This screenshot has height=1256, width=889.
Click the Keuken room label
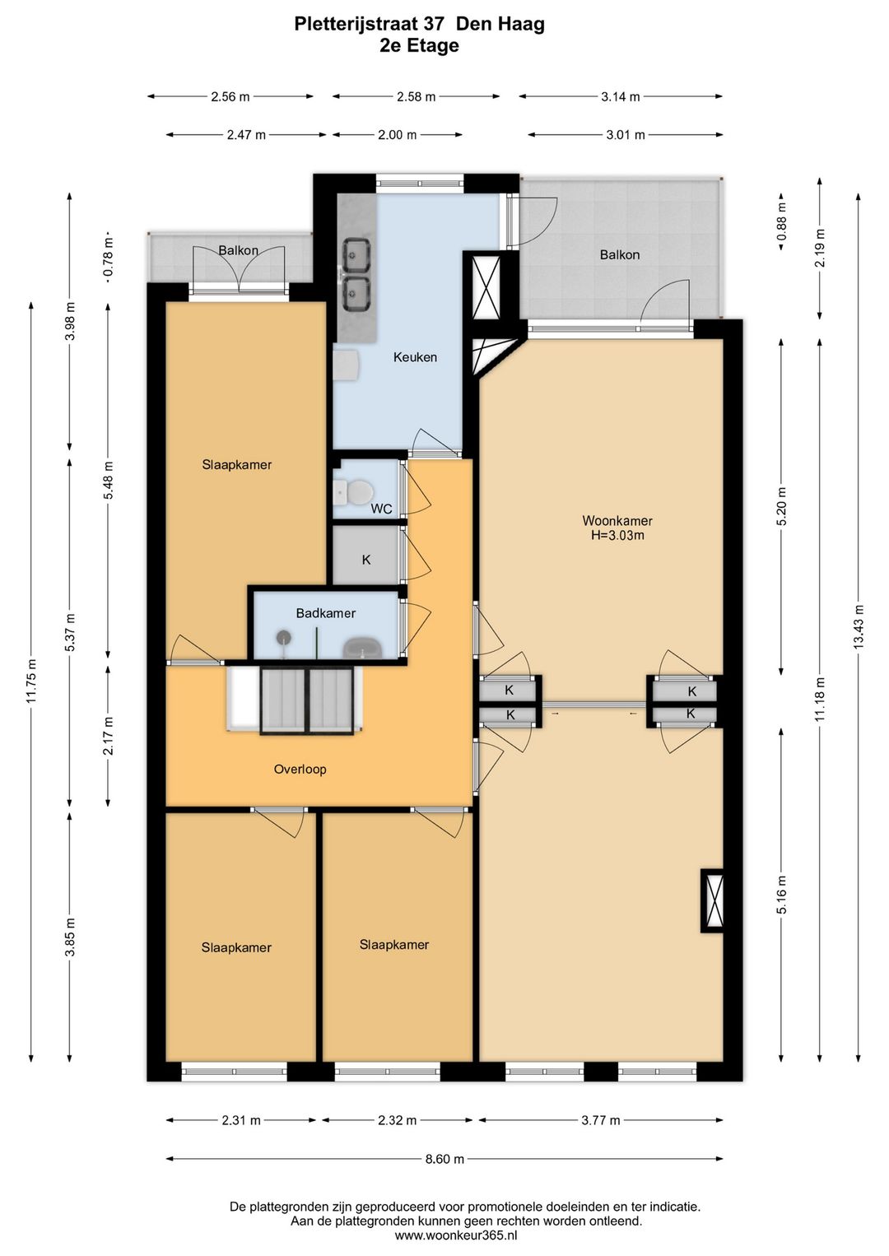[415, 357]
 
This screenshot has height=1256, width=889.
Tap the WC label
[381, 509]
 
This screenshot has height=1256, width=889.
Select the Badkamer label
[325, 613]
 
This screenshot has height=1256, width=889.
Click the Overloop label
[300, 769]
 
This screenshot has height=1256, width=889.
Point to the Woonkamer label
[617, 520]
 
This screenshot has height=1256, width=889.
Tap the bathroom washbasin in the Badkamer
[363, 649]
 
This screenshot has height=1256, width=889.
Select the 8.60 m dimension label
[444, 1158]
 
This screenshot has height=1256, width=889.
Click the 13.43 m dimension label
[859, 627]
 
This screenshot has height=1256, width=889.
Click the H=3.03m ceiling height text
[617, 535]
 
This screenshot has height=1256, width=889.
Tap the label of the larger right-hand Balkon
[619, 254]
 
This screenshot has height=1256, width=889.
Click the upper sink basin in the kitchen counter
[356, 254]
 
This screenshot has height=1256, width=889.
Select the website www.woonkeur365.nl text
[456, 1235]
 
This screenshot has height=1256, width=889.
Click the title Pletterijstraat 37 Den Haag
[419, 24]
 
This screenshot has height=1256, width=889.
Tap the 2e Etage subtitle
[419, 45]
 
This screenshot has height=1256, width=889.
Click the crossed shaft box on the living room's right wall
[712, 900]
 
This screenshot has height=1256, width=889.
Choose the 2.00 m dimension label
[397, 135]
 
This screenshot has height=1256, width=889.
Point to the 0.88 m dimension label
[781, 221]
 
